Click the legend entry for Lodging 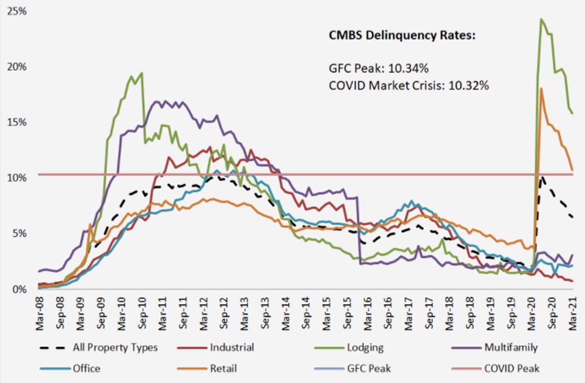(365, 347)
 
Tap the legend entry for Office (87, 368)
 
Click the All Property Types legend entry (113, 347)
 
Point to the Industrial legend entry (232, 347)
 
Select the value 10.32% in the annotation (468, 85)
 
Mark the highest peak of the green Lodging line (541, 19)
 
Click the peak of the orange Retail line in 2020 (542, 88)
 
